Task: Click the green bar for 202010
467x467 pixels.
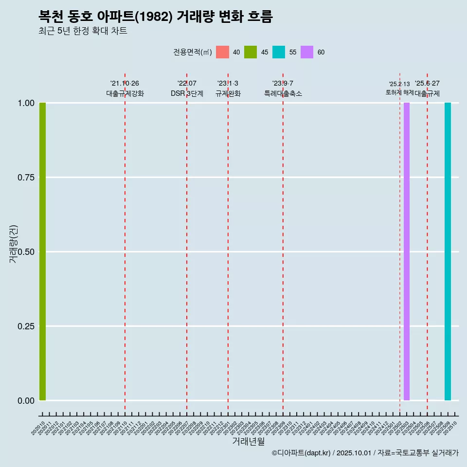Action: coord(42,251)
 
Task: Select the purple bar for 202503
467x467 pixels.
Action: coord(407,251)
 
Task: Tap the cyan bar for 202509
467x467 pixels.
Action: coord(448,251)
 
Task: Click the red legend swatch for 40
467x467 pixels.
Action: coord(222,52)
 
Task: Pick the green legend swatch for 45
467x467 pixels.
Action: coord(251,52)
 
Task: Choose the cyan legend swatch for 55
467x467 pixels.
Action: coord(279,52)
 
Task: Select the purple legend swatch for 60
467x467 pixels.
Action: coord(307,52)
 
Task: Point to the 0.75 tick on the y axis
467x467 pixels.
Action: coord(25,178)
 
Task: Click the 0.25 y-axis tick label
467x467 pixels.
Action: coord(25,326)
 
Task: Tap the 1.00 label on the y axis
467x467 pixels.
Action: coord(25,103)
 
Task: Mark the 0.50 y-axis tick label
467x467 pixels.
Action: coord(25,252)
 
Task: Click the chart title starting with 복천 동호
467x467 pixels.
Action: coord(156,17)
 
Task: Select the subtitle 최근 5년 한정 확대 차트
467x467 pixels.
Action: coord(83,31)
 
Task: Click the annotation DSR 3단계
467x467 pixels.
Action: coord(187,93)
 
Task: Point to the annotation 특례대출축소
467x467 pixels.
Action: coord(283,93)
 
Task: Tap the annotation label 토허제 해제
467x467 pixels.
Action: coord(399,92)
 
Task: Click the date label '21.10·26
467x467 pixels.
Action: coord(125,83)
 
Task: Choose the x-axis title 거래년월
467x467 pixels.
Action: coord(248,442)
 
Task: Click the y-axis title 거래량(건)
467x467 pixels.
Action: coord(13,244)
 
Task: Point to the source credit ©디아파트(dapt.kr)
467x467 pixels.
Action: coord(302,453)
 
